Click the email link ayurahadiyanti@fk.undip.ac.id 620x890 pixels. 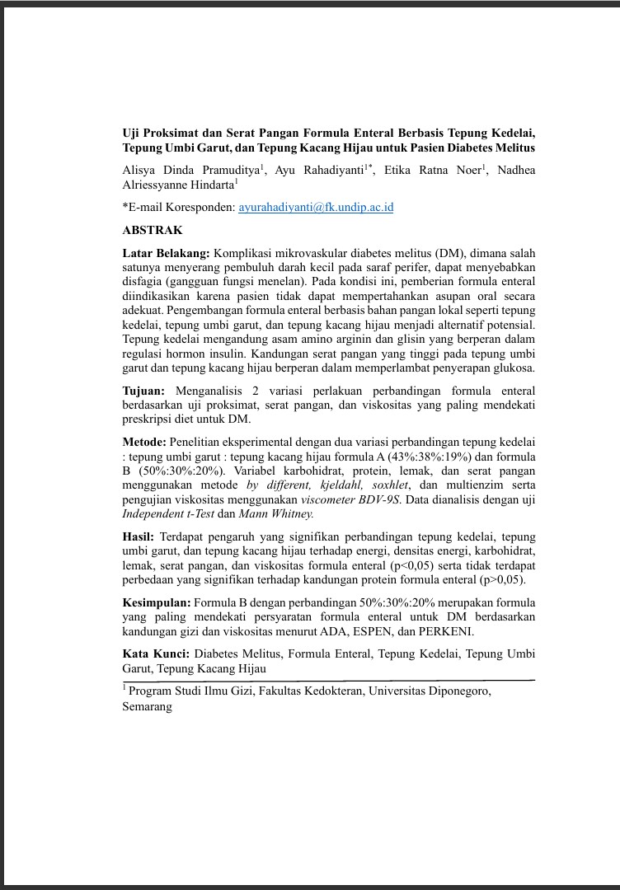coord(316,207)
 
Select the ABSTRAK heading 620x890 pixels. coord(153,231)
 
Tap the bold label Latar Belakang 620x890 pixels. coord(165,252)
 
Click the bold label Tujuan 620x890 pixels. coord(143,391)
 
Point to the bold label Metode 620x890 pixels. coord(144,442)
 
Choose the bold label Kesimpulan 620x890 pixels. coord(156,602)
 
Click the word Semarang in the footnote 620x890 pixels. coord(148,706)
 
